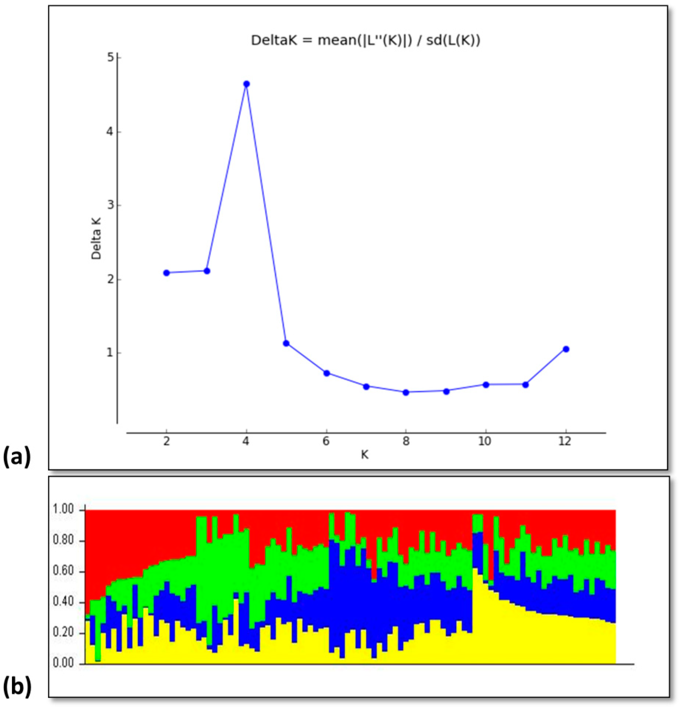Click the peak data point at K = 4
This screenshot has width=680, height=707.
pos(246,84)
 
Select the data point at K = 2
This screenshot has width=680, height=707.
pos(166,273)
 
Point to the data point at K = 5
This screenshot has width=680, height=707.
pos(286,343)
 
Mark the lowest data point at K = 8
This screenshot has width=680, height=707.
pos(406,392)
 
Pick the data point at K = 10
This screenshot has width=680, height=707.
pos(486,385)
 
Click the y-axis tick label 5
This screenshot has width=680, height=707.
pos(110,58)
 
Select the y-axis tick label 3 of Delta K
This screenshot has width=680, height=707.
pos(110,205)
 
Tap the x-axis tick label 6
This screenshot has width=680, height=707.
pos(326,442)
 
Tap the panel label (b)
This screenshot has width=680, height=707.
pos(17,687)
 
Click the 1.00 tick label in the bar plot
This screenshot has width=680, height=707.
pos(63,510)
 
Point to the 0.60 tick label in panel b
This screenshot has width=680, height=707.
pos(63,571)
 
